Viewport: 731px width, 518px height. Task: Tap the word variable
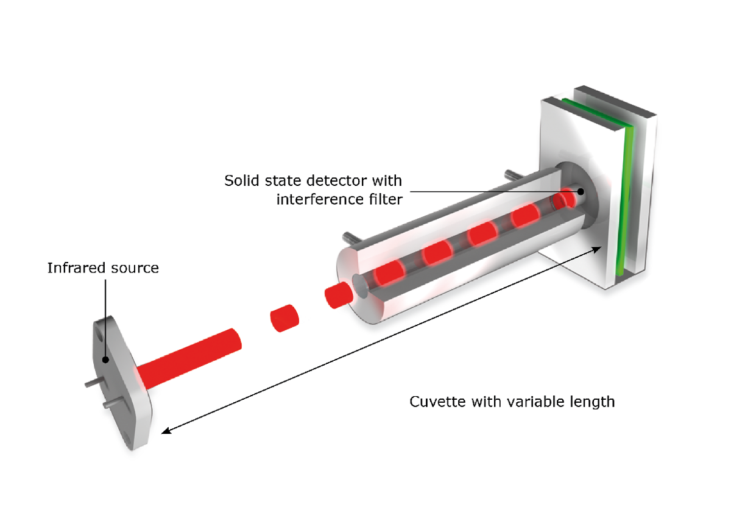click(535, 402)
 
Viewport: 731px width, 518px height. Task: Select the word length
click(592, 402)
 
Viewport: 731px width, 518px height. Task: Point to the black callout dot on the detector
click(581, 191)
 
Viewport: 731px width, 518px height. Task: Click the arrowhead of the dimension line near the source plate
click(165, 431)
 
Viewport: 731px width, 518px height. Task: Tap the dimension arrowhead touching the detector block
click(598, 248)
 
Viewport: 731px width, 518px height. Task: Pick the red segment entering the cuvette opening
click(339, 295)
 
